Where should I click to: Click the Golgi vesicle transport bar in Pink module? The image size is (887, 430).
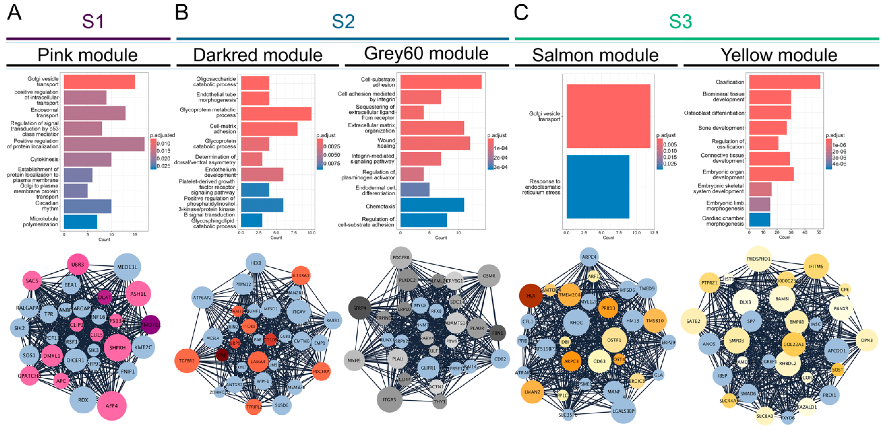[x=99, y=82]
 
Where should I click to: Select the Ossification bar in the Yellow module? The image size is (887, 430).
[x=784, y=82]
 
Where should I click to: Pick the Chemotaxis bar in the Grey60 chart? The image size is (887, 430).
[x=432, y=205]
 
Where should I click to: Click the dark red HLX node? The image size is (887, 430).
[x=531, y=295]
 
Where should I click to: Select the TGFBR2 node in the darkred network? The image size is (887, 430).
[x=187, y=361]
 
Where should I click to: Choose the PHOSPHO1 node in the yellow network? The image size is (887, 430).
[x=758, y=259]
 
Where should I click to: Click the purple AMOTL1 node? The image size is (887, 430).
[x=150, y=324]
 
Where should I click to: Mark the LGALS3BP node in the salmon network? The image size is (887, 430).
[x=623, y=411]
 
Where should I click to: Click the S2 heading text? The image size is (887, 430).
[x=343, y=21]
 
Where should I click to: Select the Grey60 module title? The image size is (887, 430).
[x=426, y=53]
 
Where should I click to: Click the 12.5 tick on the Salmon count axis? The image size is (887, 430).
[x=654, y=233]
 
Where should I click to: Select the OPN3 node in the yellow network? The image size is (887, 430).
[x=866, y=340]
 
